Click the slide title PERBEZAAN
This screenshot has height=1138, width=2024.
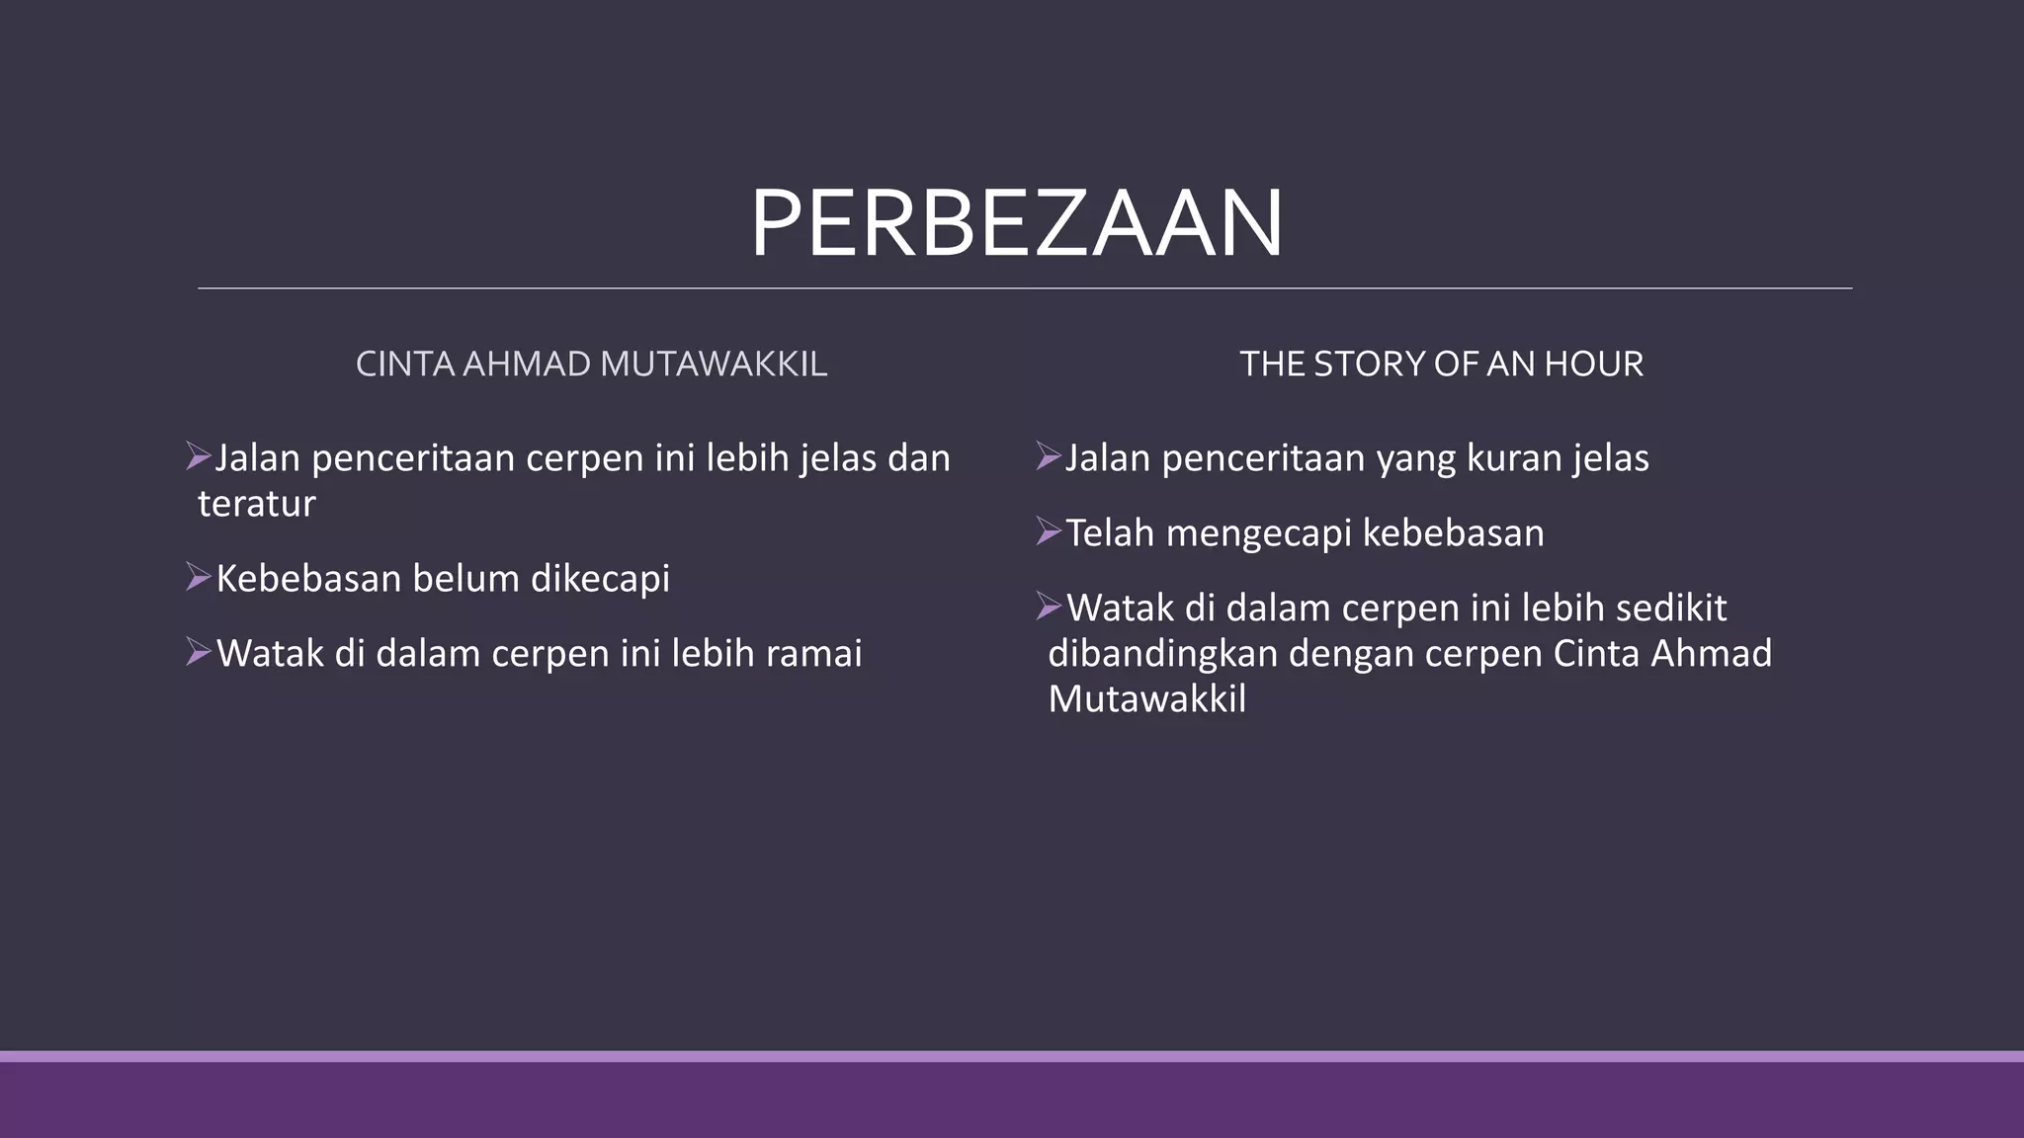pos(1016,224)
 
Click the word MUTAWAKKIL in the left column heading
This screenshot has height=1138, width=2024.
pos(713,365)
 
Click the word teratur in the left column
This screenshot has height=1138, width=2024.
pos(257,504)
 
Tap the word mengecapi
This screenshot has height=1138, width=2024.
pos(1258,533)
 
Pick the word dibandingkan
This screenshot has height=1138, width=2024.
pos(1162,654)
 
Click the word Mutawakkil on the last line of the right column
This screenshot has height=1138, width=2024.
pos(1146,699)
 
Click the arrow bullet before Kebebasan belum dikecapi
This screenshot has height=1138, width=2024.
pos(199,577)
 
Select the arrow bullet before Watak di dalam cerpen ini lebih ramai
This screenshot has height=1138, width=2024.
pos(199,652)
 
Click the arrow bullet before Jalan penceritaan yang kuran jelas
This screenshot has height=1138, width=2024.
pos(1049,456)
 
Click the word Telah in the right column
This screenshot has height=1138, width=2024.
pos(1110,533)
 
